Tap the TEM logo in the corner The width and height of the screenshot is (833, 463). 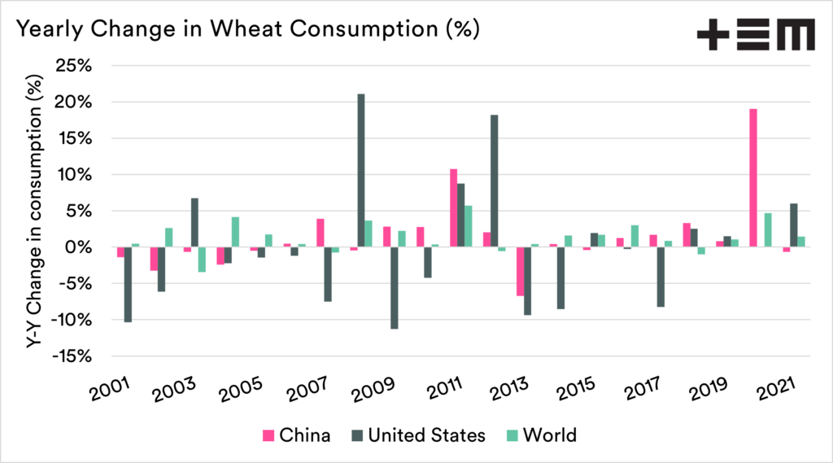(756, 36)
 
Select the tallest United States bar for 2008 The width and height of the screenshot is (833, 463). (360, 170)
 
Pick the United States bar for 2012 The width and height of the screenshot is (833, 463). (494, 181)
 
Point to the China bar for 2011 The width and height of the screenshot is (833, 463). (454, 207)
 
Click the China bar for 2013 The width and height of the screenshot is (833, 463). (520, 271)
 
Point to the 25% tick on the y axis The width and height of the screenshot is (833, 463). (80, 66)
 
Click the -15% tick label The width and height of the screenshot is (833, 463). (76, 356)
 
